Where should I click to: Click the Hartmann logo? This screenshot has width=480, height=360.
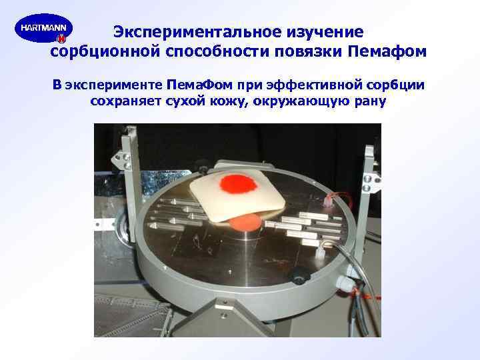pyautogui.click(x=43, y=30)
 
